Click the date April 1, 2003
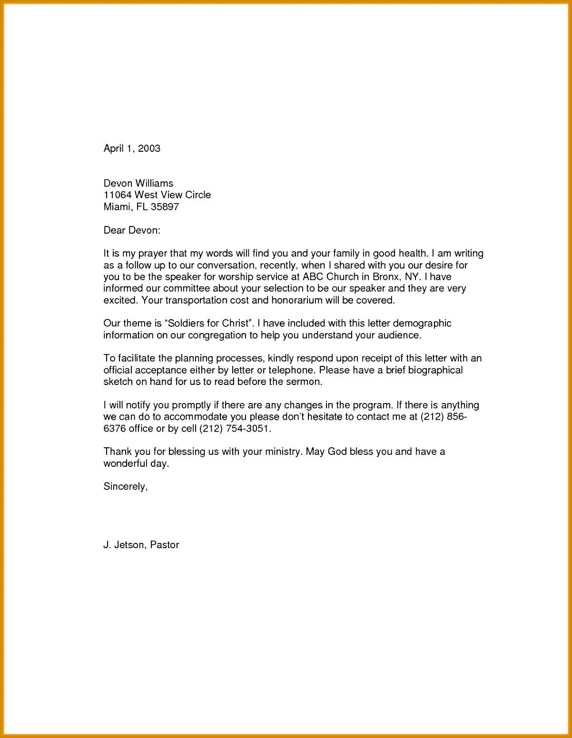[132, 148]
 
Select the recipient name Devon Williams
[138, 183]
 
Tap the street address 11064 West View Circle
[157, 195]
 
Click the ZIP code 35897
[165, 207]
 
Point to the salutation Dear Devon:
[132, 230]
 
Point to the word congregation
[222, 335]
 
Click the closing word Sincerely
[125, 486]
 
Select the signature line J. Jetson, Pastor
[141, 545]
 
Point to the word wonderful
[126, 463]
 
